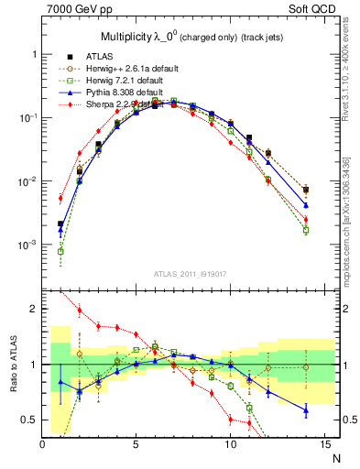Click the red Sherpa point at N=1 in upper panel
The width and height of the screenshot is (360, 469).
click(x=61, y=198)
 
